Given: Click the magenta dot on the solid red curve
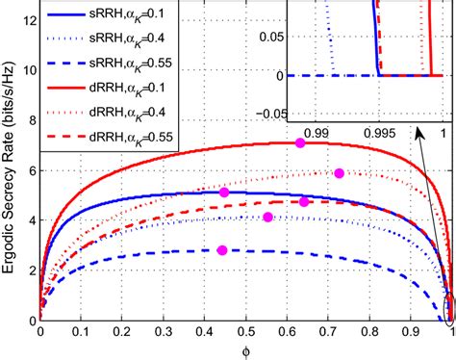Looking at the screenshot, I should click(x=300, y=142).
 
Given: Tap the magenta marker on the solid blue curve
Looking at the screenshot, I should click(x=224, y=193).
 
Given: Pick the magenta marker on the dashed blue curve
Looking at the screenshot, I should click(x=222, y=250).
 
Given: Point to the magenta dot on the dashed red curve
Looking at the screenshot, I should click(x=304, y=201).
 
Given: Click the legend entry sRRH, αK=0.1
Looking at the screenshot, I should click(x=142, y=18).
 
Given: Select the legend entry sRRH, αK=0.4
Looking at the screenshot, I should click(x=142, y=42).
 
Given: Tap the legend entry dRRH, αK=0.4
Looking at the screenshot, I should click(x=142, y=114).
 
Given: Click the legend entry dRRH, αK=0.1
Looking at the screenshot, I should click(x=142, y=90).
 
